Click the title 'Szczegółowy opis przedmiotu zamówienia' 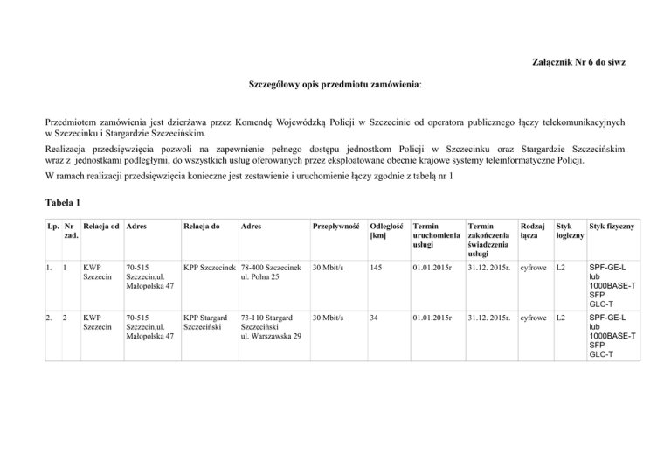(x=335, y=88)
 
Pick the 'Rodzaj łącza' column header (x=529, y=232)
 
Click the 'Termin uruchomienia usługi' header (x=435, y=237)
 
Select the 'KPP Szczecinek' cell (x=210, y=267)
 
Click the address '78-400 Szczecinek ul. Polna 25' (x=271, y=272)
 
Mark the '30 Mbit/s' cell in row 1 (x=329, y=267)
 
